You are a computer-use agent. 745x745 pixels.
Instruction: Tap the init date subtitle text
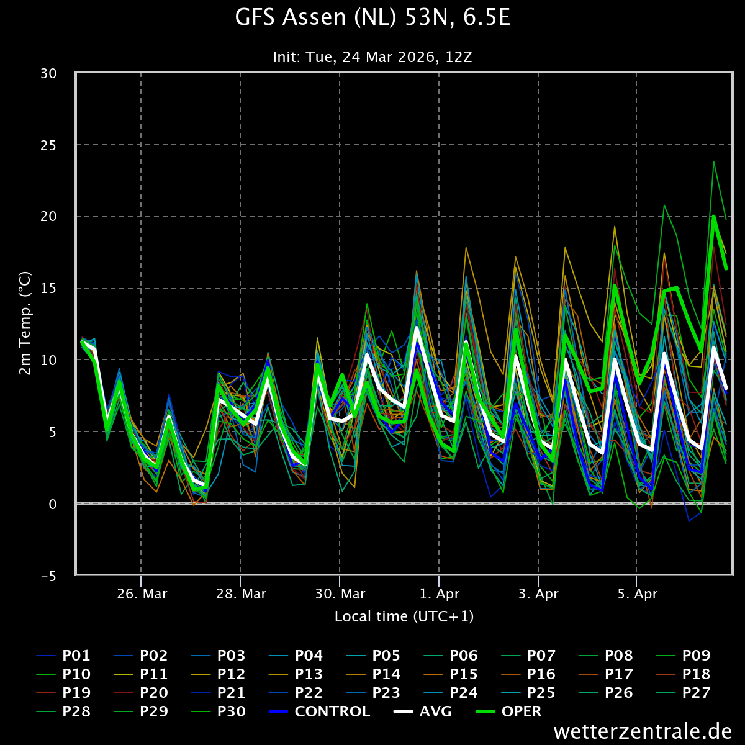372,57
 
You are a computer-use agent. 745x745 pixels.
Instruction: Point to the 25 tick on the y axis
48,145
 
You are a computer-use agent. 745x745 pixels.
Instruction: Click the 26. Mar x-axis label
142,594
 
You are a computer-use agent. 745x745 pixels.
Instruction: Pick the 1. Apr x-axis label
440,594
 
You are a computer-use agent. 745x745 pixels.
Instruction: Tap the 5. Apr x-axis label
638,594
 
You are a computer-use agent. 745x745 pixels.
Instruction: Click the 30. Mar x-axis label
340,594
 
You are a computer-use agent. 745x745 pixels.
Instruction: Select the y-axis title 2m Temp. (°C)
25,323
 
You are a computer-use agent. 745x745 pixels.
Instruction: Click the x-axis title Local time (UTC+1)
404,616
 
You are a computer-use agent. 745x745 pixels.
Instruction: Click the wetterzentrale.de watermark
643,731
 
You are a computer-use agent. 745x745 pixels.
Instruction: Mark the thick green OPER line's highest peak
714,217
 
